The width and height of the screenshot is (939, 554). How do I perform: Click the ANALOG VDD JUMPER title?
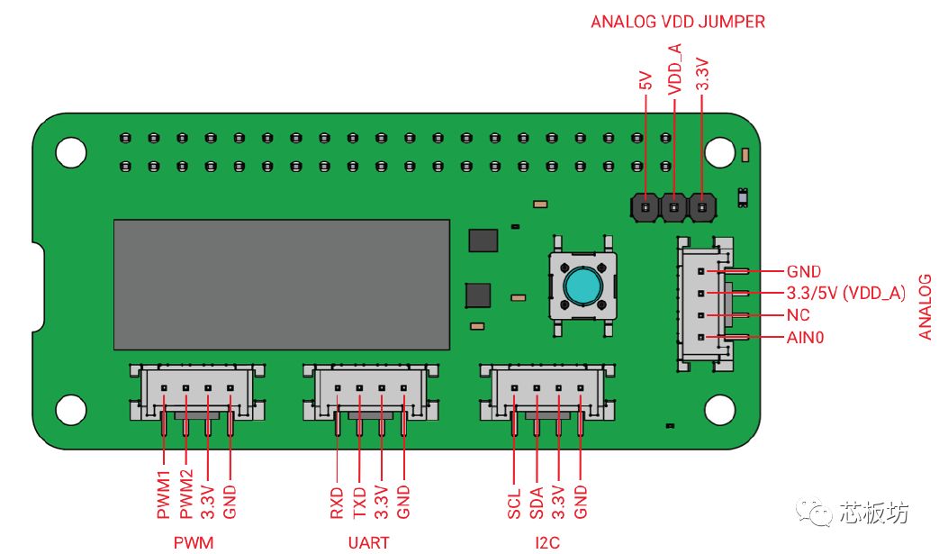click(x=677, y=23)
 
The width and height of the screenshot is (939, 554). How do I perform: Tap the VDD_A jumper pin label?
click(x=675, y=68)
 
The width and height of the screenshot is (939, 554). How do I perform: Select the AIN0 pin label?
click(x=805, y=338)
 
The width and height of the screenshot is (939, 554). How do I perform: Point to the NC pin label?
click(x=798, y=315)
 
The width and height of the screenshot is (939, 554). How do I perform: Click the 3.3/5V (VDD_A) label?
click(x=845, y=293)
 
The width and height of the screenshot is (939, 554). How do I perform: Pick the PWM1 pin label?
click(x=164, y=495)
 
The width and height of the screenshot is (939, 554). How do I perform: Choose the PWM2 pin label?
click(x=186, y=495)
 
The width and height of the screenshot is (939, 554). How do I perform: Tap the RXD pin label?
click(x=337, y=503)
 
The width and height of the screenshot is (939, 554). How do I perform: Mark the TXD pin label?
click(x=359, y=503)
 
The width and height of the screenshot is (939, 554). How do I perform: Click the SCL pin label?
click(x=514, y=503)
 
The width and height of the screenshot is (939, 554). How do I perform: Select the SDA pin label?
click(x=536, y=503)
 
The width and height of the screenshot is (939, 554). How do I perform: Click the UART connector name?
click(x=368, y=542)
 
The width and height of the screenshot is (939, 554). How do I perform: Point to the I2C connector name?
click(x=547, y=542)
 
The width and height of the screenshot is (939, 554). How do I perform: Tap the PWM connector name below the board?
click(x=194, y=542)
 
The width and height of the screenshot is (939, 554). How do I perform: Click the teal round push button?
click(x=582, y=286)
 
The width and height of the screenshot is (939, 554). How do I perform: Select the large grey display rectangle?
click(x=282, y=285)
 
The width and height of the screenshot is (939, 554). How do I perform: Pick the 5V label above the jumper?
click(x=646, y=80)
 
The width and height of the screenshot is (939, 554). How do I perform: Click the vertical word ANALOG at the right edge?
click(x=925, y=307)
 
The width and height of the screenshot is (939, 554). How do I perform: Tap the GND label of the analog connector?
click(x=804, y=271)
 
